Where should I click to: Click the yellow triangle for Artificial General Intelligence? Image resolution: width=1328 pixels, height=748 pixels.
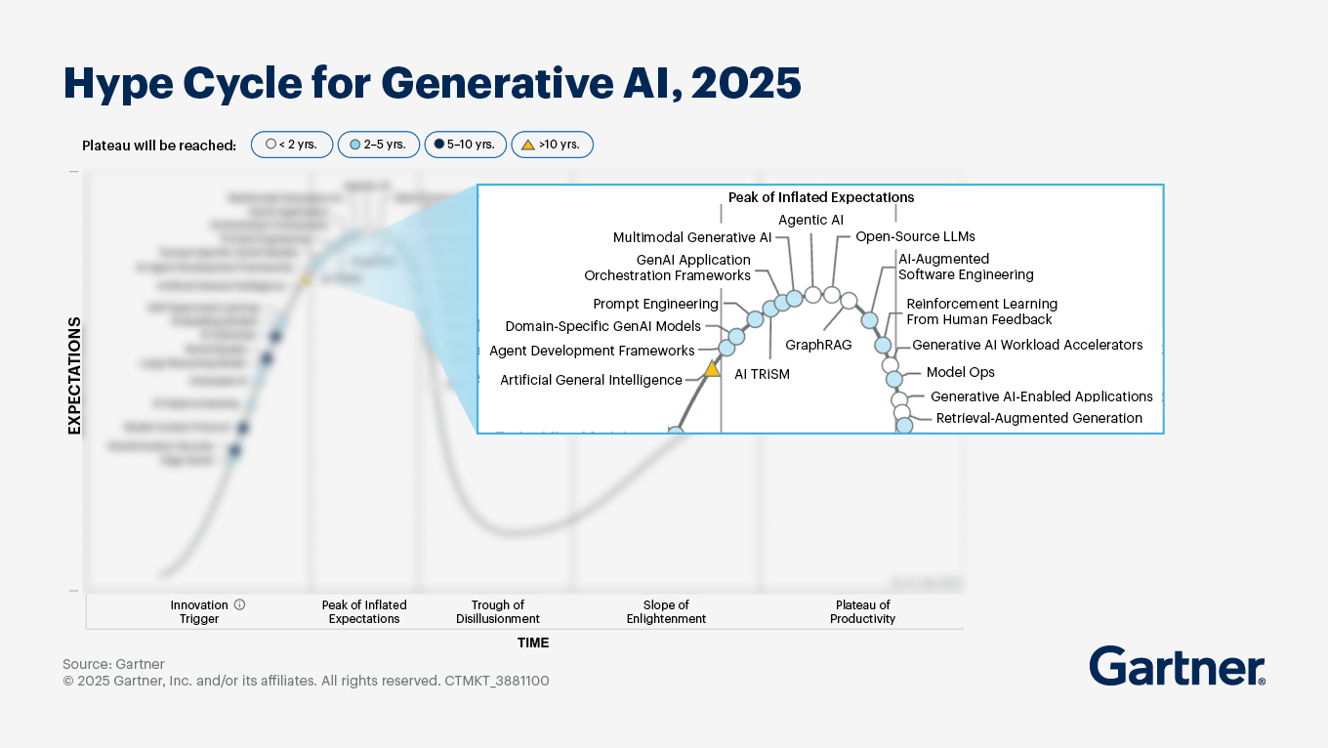pos(712,369)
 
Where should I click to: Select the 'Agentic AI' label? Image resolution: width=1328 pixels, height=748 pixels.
pos(810,220)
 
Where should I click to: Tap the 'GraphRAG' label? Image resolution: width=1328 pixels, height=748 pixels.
pos(818,345)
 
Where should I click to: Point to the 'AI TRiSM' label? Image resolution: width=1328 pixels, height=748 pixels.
pos(762,374)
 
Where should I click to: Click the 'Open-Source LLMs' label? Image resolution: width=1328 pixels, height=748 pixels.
pos(915,236)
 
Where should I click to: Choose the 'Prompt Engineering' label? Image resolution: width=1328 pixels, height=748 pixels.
pos(655,305)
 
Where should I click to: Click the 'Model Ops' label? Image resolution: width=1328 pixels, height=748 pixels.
pos(960,372)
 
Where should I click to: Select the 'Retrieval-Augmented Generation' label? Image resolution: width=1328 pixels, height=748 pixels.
pos(1039,418)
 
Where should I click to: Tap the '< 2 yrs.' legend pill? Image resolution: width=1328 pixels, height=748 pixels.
pos(292,145)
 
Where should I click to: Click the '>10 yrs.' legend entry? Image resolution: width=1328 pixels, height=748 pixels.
pos(552,145)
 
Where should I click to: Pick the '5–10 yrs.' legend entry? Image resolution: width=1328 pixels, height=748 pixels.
pos(464,145)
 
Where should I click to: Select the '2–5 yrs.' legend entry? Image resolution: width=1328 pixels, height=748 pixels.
pos(378,145)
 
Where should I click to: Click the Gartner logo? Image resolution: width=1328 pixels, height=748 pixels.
pos(1177,667)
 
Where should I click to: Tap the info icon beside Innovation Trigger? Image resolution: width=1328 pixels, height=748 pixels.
pos(239,604)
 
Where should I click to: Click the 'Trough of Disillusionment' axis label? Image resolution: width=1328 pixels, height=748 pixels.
pos(497,611)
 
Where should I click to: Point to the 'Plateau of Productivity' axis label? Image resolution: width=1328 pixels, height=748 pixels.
pos(862,611)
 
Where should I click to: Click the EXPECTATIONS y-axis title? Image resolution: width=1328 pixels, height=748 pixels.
pos(74,376)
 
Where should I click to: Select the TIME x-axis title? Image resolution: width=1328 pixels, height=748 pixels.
pos(533,643)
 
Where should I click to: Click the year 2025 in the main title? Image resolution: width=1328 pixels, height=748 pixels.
pos(745,84)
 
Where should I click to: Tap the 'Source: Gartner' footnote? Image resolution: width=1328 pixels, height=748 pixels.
pos(113,664)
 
